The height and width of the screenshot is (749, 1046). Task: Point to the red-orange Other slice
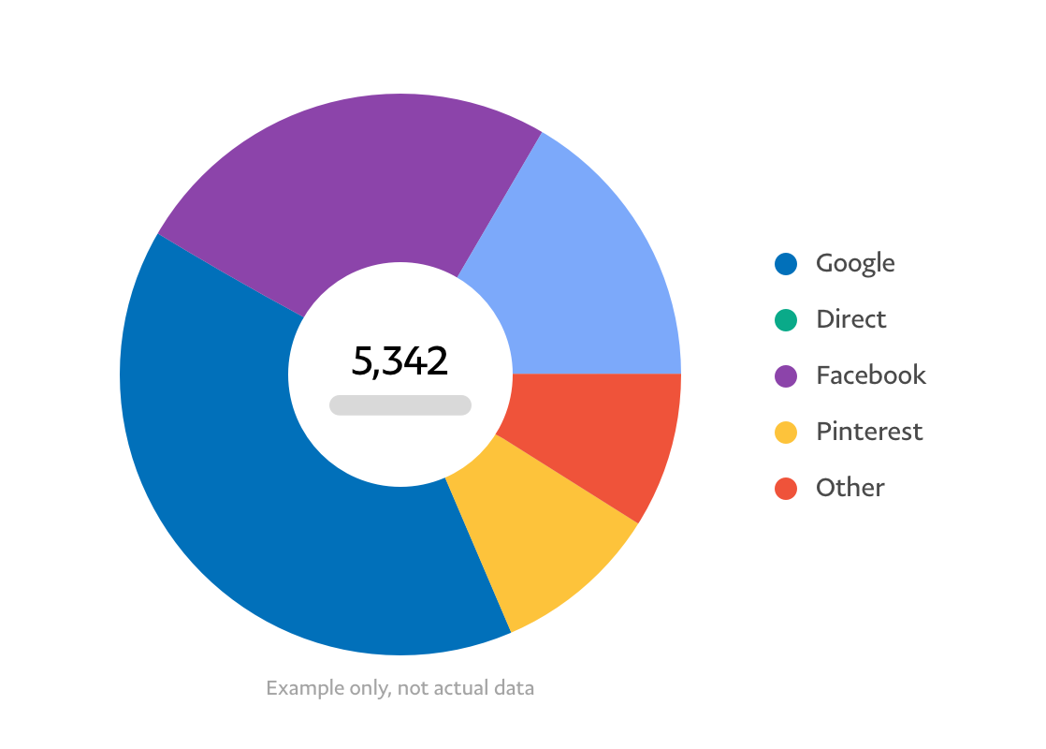point(599,431)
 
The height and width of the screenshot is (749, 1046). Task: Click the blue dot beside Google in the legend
point(786,264)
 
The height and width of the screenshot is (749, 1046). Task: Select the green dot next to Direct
point(786,320)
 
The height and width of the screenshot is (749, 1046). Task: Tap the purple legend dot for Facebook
point(786,376)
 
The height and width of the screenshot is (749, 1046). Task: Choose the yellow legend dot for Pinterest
point(786,433)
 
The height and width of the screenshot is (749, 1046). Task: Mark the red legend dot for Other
point(786,489)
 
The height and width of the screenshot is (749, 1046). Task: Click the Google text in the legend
point(855,264)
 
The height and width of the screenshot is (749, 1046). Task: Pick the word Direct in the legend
point(850,320)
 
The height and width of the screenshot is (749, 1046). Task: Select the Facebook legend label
point(871,376)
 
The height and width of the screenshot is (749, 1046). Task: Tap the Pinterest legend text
point(869,433)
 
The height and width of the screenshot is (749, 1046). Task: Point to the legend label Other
point(850,489)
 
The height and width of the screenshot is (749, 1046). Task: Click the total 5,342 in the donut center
point(400,361)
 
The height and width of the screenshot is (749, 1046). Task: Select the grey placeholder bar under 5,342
point(400,404)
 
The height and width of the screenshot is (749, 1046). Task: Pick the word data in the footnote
point(516,689)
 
